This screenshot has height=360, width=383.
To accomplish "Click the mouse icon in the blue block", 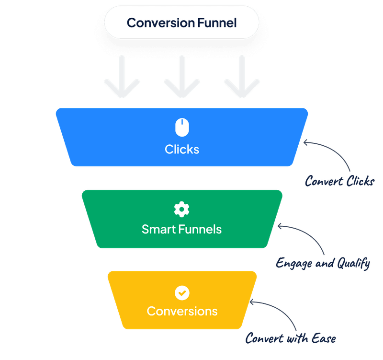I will click(182, 128).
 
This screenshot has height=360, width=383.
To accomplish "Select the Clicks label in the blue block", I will click(182, 149).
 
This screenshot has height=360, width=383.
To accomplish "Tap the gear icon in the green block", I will click(182, 209).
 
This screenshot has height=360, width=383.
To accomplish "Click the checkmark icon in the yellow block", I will click(182, 292).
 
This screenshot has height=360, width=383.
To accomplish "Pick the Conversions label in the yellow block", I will click(182, 311).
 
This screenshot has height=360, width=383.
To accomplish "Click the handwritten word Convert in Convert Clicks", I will click(323, 182).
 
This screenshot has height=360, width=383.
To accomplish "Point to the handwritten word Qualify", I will click(352, 263).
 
